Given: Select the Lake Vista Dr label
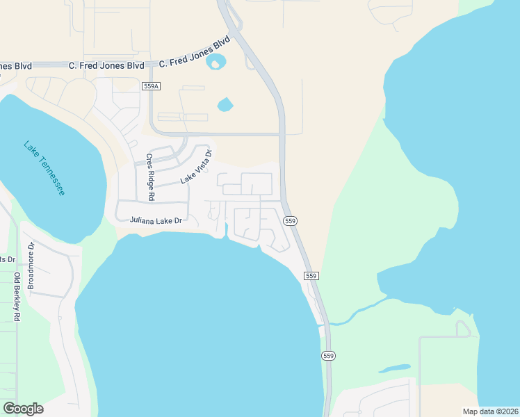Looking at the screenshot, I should [x=196, y=166].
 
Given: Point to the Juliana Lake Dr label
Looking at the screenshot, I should [x=156, y=220].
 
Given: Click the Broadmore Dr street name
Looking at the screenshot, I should [x=31, y=265].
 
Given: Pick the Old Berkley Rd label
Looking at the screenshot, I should [x=17, y=297].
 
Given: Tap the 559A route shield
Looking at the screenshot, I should [x=151, y=86].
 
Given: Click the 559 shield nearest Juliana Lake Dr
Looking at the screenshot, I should [x=291, y=220].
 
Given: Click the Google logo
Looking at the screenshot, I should [x=23, y=408].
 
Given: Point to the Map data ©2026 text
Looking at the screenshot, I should [x=489, y=411].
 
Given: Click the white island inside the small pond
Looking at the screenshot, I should [x=215, y=65].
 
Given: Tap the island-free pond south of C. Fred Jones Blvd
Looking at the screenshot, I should [x=225, y=105].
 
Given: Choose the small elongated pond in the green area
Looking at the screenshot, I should [x=394, y=368].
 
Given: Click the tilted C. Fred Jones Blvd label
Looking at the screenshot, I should [x=194, y=52].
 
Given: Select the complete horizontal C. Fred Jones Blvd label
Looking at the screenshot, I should [x=106, y=65].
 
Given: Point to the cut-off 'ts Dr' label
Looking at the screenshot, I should [x=8, y=259].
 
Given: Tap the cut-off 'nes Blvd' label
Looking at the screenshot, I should [x=15, y=66].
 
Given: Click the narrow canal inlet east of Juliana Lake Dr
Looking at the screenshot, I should [x=226, y=230].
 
